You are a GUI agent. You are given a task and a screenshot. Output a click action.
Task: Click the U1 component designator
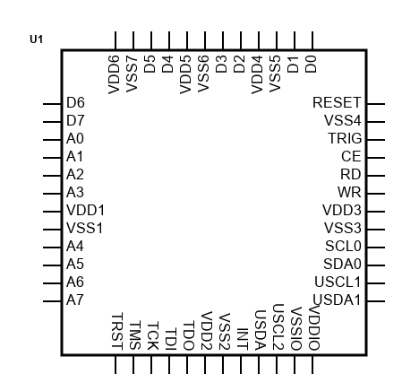[37, 39]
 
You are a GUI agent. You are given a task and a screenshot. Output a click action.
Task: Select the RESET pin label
[337, 103]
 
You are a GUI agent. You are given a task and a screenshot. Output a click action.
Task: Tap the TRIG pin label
[345, 138]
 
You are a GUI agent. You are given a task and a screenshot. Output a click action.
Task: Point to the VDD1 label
[85, 210]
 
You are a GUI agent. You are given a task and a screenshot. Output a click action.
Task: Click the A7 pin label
[74, 300]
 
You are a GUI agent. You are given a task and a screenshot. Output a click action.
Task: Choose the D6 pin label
[75, 102]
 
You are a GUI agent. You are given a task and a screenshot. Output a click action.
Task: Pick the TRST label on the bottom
[117, 331]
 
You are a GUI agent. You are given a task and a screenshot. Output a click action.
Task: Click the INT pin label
[243, 339]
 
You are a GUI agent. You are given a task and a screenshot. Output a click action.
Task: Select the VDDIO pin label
[314, 327]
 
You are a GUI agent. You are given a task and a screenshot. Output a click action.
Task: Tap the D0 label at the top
[311, 64]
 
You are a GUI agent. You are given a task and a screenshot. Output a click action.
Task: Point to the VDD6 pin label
[114, 74]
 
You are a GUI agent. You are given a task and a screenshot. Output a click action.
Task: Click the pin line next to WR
[376, 194]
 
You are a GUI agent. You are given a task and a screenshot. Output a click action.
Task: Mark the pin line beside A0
[52, 140]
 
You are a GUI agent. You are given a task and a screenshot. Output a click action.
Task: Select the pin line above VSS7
[133, 40]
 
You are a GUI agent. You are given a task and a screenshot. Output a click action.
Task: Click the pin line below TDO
[187, 364]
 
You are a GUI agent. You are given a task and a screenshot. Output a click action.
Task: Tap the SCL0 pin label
[343, 247]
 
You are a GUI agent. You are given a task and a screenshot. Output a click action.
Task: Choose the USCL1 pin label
[338, 282]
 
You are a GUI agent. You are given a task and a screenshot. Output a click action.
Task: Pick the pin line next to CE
[376, 158]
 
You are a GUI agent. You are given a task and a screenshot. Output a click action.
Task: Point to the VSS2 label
[225, 332]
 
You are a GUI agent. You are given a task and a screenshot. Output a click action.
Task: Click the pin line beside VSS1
[52, 230]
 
